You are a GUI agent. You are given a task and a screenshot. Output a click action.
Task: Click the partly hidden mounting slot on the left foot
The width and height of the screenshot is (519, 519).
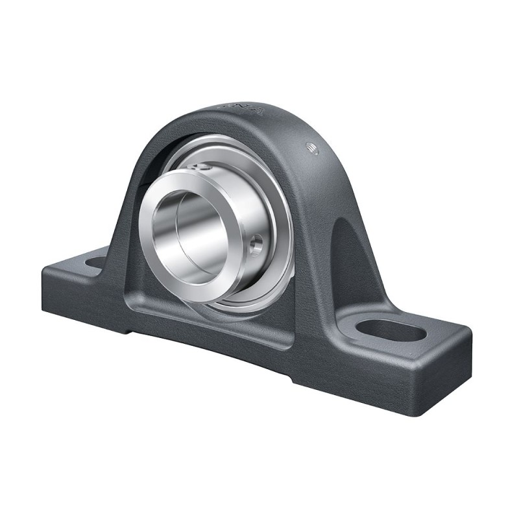coord(95,263)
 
